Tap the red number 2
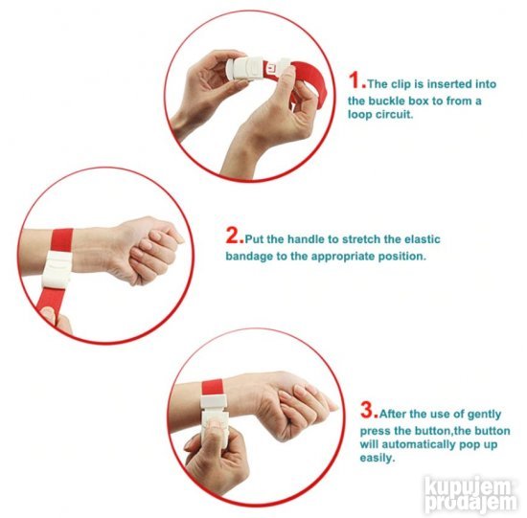[233, 236]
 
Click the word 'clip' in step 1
[399, 84]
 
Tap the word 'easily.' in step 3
[377, 458]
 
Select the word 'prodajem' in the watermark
[470, 503]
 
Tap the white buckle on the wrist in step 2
[57, 268]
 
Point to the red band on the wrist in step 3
[213, 388]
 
